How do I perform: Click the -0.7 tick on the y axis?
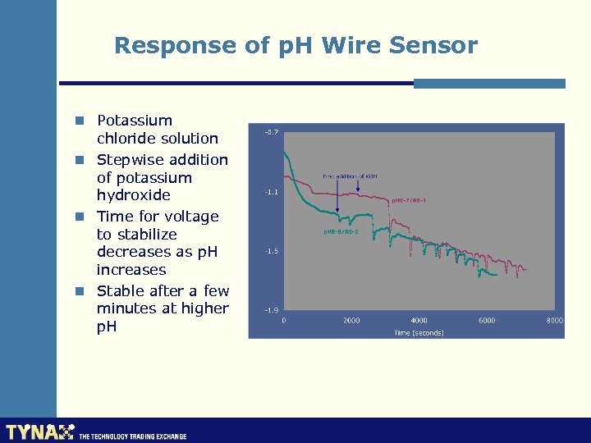[270, 132]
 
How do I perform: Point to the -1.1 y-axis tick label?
[270, 192]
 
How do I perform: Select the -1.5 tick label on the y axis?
[270, 251]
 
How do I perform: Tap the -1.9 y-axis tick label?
[270, 310]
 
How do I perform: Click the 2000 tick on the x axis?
[351, 321]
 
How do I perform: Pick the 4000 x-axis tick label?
[419, 321]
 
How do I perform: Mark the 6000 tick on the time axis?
[487, 321]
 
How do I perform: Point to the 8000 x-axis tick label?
[555, 321]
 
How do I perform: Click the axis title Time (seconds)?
[419, 333]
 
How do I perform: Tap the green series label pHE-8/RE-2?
[341, 232]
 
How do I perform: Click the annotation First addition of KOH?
[350, 176]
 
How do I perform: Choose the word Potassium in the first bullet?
[135, 121]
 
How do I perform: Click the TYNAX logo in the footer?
[39, 432]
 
